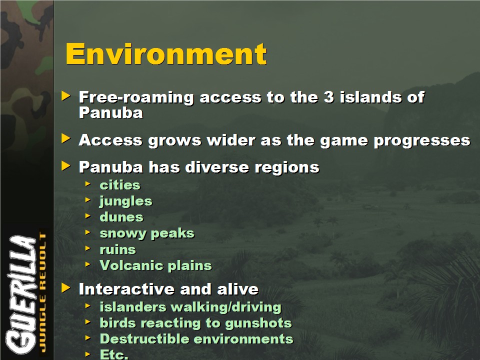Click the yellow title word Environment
tap(166, 53)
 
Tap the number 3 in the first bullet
tap(328, 97)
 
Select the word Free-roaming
tap(136, 98)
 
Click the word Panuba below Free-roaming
tap(111, 112)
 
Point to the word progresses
tap(422, 141)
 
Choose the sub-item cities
tap(120, 185)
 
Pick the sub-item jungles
tap(126, 201)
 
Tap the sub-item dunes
tap(121, 217)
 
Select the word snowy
tap(123, 233)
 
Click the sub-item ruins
tap(117, 249)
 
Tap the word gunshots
tap(258, 323)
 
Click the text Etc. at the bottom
tap(114, 354)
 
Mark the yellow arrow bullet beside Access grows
tap(66, 138)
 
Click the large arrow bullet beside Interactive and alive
tap(66, 288)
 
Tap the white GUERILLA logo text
tap(21, 294)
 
